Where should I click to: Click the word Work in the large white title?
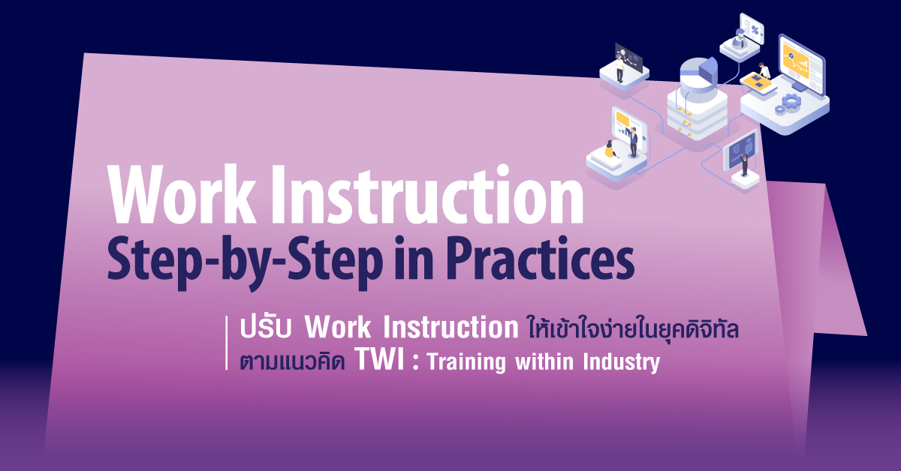[x=182, y=194]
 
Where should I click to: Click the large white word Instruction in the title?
[x=427, y=194]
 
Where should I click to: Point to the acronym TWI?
[x=379, y=360]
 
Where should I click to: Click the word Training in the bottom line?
[x=466, y=363]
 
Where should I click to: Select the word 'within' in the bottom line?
[x=544, y=361]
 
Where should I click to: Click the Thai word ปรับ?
[x=266, y=328]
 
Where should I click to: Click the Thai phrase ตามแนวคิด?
[x=292, y=361]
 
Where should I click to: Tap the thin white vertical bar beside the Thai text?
[x=227, y=343]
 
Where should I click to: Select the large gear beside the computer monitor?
[x=791, y=100]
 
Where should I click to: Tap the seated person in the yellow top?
[x=610, y=149]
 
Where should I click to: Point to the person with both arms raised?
[x=745, y=165]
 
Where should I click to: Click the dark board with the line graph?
[x=628, y=57]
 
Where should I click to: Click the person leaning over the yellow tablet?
[x=763, y=70]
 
